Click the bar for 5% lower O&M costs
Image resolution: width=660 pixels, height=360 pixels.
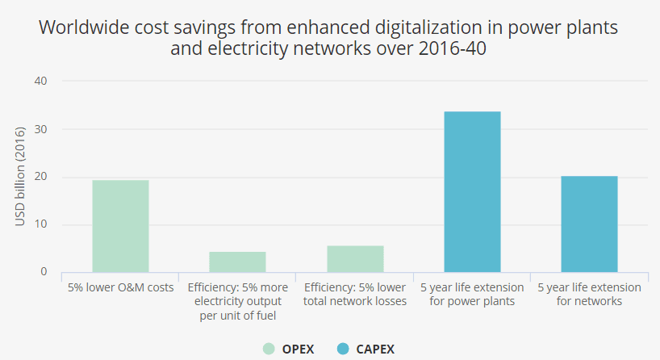[120, 226]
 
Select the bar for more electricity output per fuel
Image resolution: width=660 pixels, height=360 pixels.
[237, 262]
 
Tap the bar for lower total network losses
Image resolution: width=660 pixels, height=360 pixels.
[355, 259]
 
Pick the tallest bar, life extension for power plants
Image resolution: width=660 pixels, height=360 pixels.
[472, 192]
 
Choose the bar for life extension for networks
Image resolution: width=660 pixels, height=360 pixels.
[589, 224]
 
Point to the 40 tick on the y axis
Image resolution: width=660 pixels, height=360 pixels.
[40, 82]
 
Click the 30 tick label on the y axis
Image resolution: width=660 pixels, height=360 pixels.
[40, 129]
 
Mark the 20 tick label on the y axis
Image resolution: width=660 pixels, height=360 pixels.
[40, 177]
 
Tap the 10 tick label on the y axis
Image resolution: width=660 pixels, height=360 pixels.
[40, 224]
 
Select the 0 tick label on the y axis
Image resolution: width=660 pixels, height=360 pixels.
[44, 272]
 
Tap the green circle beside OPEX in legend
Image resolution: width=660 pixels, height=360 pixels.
[269, 349]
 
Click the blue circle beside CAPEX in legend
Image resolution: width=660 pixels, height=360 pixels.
[343, 349]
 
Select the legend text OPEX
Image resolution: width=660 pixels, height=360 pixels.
[299, 349]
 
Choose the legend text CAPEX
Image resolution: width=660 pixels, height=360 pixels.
[376, 349]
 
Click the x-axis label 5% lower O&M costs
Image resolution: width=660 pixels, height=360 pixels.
[120, 287]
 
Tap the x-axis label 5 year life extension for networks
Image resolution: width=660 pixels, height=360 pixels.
[589, 294]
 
